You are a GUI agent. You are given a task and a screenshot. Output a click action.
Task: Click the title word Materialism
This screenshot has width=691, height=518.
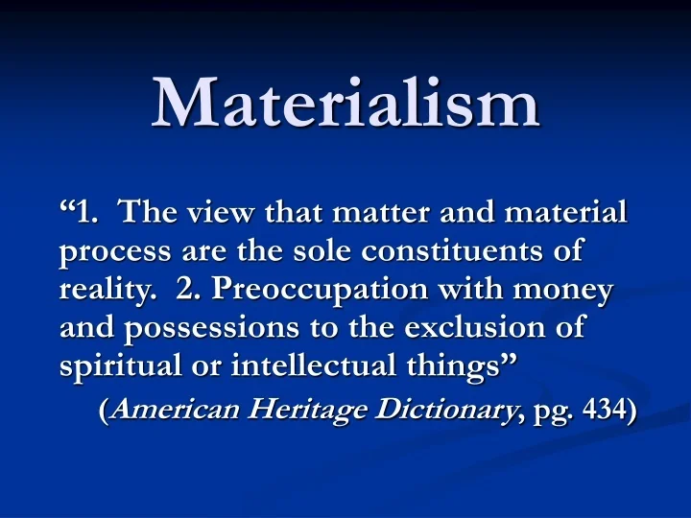click(345, 103)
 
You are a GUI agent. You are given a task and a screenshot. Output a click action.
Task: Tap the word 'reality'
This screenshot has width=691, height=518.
click(106, 291)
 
